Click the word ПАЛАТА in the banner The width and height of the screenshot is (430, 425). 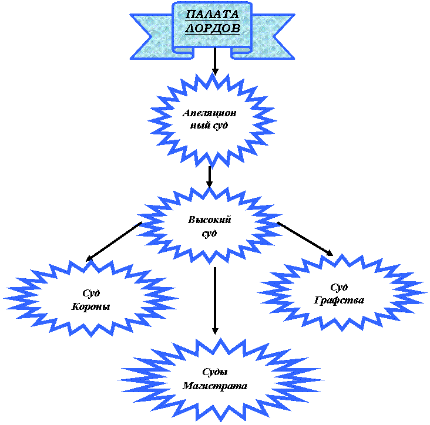pos(213,15)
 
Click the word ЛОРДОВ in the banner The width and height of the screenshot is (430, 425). pos(213,28)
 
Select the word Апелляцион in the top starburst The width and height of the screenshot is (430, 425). pos(209,113)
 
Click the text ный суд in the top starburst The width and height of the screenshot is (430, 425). pos(209,125)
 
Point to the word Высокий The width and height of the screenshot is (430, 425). pos(210,220)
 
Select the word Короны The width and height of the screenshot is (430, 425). pos(91,306)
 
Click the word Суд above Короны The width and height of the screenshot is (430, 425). pos(91,292)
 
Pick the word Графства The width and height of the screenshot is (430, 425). pos(339,300)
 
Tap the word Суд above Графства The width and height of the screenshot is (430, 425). pos(339,287)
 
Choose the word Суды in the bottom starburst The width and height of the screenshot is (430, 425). pos(215,372)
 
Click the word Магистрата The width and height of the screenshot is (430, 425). pos(215,386)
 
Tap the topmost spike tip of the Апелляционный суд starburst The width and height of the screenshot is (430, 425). pos(210,73)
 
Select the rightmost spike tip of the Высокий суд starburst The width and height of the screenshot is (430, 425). pos(284,224)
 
